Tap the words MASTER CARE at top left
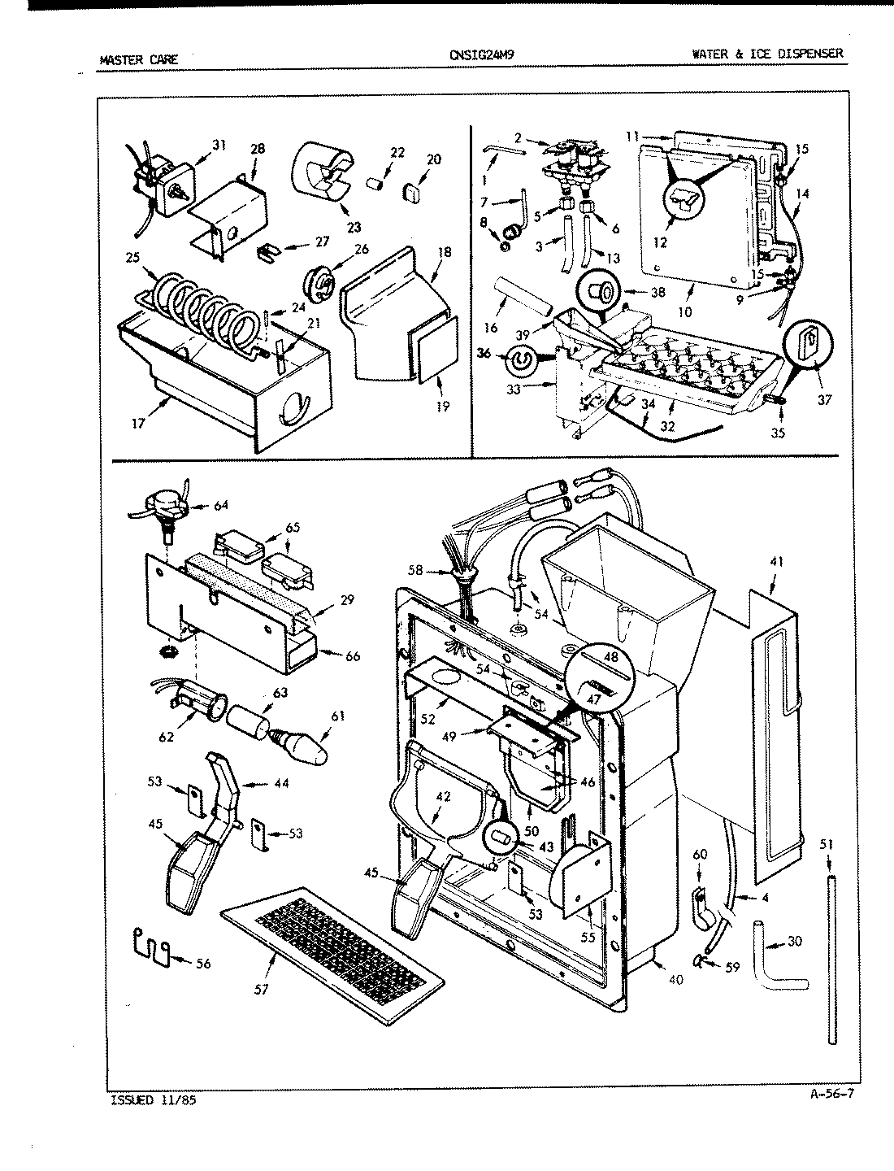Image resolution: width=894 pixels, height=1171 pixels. [138, 59]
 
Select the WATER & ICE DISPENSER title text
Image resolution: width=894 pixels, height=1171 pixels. [767, 54]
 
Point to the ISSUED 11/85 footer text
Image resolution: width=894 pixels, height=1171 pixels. [152, 1100]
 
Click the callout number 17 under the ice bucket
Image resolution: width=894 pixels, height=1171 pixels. [139, 423]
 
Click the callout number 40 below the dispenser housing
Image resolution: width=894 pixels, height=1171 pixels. [676, 979]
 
